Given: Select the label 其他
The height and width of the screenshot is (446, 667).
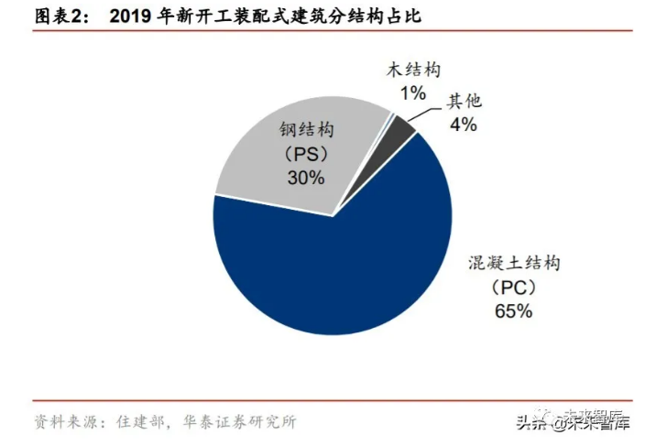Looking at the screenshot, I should click(464, 102).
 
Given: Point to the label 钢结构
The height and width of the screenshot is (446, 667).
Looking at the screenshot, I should click(305, 130).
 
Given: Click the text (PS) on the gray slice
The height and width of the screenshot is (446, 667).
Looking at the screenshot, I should click(305, 155).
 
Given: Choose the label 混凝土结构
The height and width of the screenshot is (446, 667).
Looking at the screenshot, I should click(512, 264).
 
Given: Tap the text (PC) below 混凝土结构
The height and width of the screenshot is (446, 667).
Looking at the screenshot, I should click(512, 288).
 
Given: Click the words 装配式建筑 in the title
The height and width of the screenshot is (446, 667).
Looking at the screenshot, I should click(276, 16).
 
